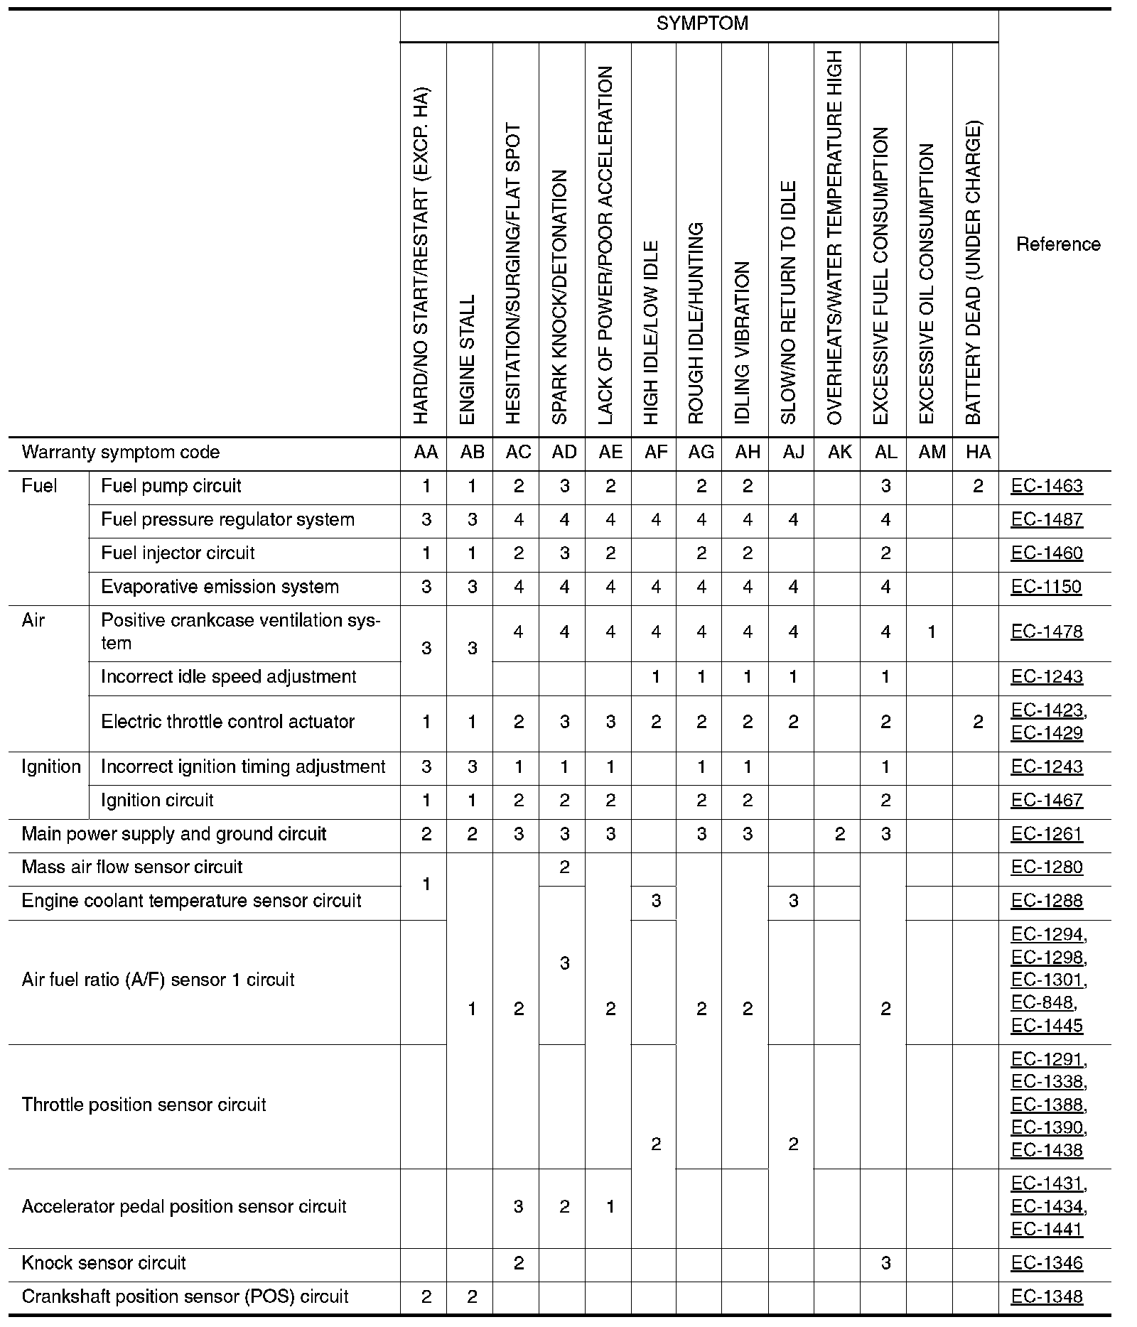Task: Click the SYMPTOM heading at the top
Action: click(x=702, y=24)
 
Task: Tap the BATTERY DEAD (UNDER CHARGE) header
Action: click(x=974, y=273)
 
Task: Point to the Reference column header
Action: click(x=1058, y=244)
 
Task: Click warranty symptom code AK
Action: click(x=839, y=453)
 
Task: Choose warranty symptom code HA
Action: click(x=978, y=453)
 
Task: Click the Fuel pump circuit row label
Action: click(x=171, y=486)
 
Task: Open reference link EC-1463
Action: click(x=1047, y=486)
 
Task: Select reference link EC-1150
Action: click(x=1047, y=587)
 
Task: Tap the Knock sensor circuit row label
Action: click(x=104, y=1263)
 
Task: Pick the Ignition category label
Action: click(x=50, y=767)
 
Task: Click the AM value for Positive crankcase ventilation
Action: click(x=932, y=632)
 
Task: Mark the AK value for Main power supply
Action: click(x=839, y=834)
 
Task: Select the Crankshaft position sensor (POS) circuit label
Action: click(x=185, y=1296)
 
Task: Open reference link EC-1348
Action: click(x=1047, y=1296)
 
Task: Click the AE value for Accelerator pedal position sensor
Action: click(x=610, y=1206)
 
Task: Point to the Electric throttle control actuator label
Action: click(x=227, y=722)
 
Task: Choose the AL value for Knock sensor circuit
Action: click(x=885, y=1263)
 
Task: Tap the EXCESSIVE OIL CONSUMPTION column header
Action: click(x=927, y=284)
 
